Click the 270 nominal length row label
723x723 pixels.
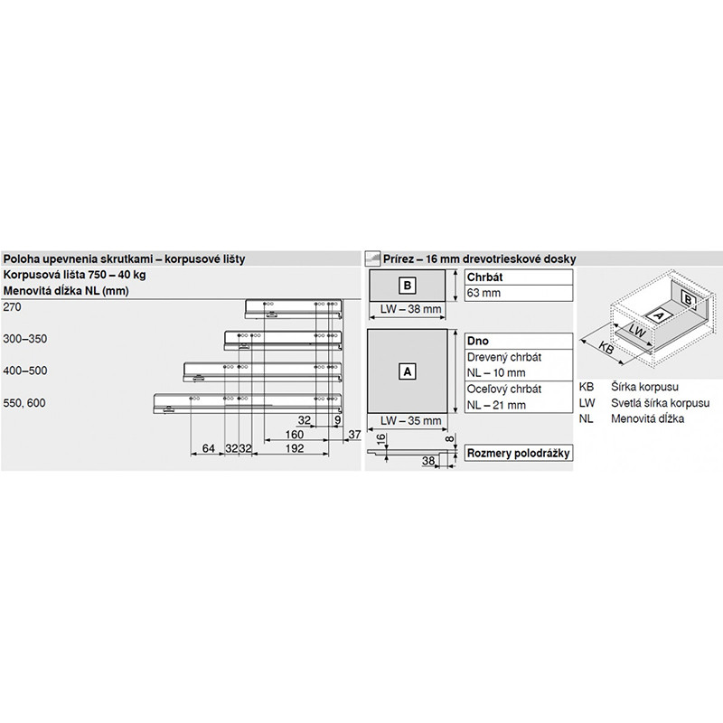(x=12, y=307)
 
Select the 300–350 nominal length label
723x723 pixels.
(x=25, y=339)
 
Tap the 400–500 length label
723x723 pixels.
(x=25, y=371)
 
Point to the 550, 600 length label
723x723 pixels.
(x=24, y=403)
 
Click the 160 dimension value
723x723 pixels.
(x=295, y=435)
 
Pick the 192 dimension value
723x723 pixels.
(x=295, y=448)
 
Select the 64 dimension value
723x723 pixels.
(x=209, y=448)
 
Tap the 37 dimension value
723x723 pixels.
(x=354, y=435)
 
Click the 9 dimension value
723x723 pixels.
(x=337, y=420)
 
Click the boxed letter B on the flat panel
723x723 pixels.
(x=408, y=286)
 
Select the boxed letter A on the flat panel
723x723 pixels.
(x=408, y=371)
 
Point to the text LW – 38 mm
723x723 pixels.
(x=410, y=309)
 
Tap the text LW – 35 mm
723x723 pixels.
(x=410, y=420)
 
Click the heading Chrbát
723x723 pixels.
(x=484, y=277)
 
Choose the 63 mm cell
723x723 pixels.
(x=484, y=293)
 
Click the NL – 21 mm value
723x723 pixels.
(x=496, y=405)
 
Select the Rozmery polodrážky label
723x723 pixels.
(x=518, y=453)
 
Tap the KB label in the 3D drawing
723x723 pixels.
(x=607, y=349)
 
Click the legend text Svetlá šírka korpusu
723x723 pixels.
(x=660, y=403)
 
